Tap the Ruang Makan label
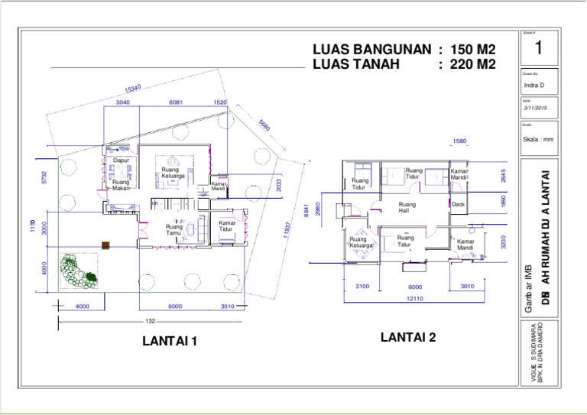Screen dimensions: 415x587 pyautogui.click(x=121, y=186)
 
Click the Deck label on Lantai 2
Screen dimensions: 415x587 pyautogui.click(x=458, y=205)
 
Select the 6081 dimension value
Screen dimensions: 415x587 pyautogui.click(x=175, y=102)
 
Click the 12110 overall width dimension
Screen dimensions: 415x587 pyautogui.click(x=414, y=299)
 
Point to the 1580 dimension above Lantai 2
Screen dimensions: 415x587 pyautogui.click(x=459, y=141)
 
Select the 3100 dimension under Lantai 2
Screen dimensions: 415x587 pyautogui.click(x=362, y=287)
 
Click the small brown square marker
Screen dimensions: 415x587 pyautogui.click(x=105, y=245)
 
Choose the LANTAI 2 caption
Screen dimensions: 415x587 pyautogui.click(x=408, y=337)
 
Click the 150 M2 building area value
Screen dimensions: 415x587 pyautogui.click(x=472, y=50)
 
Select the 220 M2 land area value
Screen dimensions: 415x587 pyautogui.click(x=472, y=64)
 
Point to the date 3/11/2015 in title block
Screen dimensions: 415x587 pyautogui.click(x=535, y=108)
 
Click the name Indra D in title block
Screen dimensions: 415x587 pyautogui.click(x=534, y=85)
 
